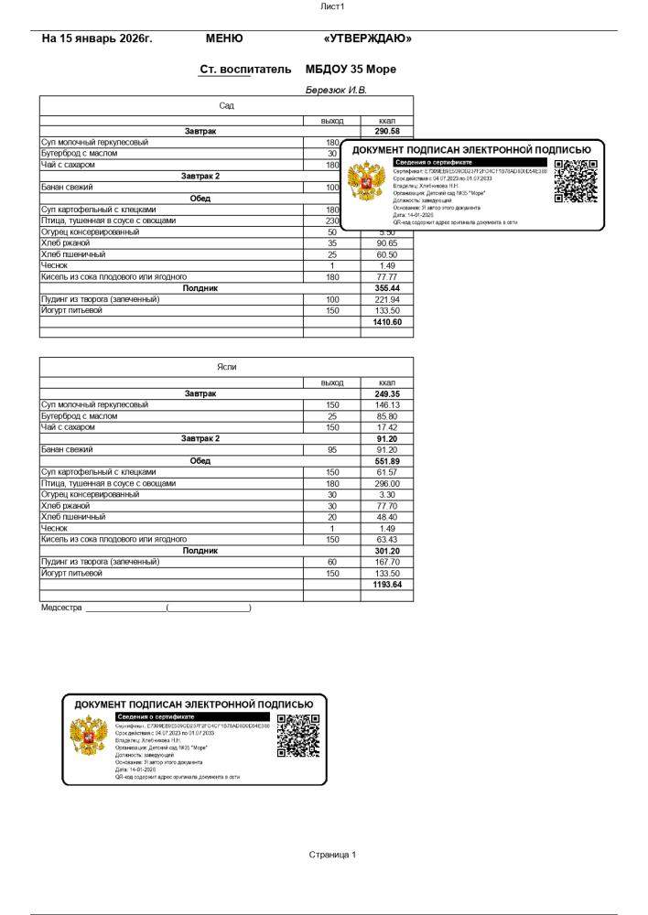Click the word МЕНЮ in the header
[x=224, y=38]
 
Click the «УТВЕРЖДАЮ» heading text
[x=368, y=38]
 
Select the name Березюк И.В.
[x=336, y=90]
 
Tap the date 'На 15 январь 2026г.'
[x=97, y=38]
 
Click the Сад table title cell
[x=226, y=106]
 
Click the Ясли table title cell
[x=226, y=366]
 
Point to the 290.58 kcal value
[x=387, y=132]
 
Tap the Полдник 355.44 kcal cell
[x=387, y=288]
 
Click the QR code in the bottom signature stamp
[x=297, y=737]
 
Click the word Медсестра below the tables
[x=61, y=607]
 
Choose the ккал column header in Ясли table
[x=387, y=382]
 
